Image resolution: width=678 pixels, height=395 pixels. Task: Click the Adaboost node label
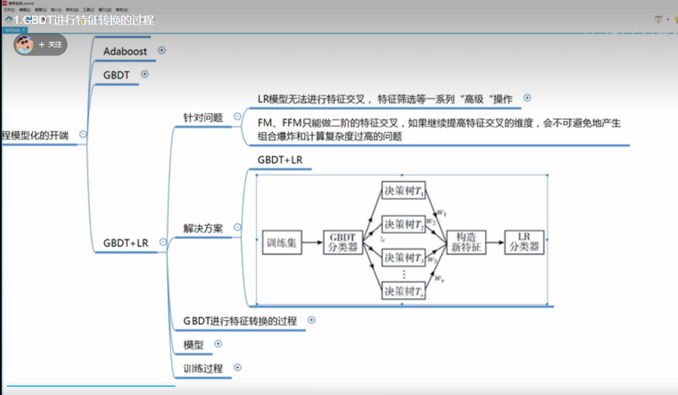pyautogui.click(x=125, y=51)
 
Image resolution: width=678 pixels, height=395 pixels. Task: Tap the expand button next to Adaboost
pyautogui.click(x=162, y=50)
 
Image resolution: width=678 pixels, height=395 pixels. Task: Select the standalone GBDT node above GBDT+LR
pyautogui.click(x=116, y=75)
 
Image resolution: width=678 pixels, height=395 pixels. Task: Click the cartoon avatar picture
pyautogui.click(x=24, y=45)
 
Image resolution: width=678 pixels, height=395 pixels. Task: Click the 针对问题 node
pyautogui.click(x=203, y=118)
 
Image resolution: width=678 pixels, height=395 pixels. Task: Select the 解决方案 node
pyautogui.click(x=203, y=228)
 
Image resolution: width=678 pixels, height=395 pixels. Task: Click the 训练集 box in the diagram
pyautogui.click(x=282, y=243)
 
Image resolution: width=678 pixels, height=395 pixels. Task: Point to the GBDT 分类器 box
pyautogui.click(x=343, y=242)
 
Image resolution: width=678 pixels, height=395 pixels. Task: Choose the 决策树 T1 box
pyautogui.click(x=404, y=191)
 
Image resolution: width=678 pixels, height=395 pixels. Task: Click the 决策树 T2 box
pyautogui.click(x=404, y=225)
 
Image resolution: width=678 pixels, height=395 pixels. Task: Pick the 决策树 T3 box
pyautogui.click(x=404, y=258)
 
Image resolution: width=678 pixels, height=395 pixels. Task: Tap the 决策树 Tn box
pyautogui.click(x=404, y=290)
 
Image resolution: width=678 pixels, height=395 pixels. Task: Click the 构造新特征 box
pyautogui.click(x=466, y=242)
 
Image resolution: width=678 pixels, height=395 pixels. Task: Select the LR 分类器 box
pyautogui.click(x=524, y=242)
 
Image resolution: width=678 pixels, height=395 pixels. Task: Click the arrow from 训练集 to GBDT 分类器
pyautogui.click(x=312, y=243)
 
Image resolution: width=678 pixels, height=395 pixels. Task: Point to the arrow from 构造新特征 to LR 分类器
pyautogui.click(x=495, y=243)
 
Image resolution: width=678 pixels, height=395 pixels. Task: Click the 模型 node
pyautogui.click(x=193, y=345)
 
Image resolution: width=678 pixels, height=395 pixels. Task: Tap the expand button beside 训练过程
pyautogui.click(x=238, y=368)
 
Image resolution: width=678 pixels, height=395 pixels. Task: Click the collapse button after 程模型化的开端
pyautogui.click(x=83, y=134)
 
